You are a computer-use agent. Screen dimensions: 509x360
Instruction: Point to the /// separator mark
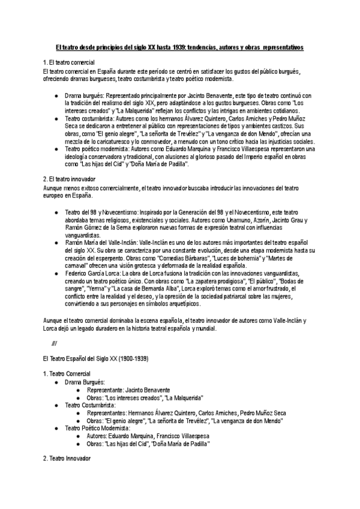tap(55, 343)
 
